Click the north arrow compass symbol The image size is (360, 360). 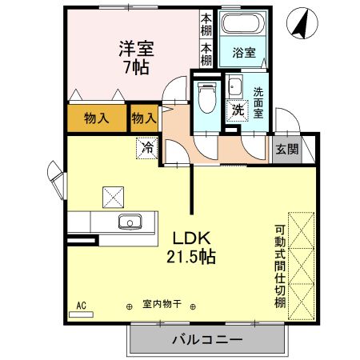[302, 24]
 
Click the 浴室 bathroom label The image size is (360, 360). [244, 54]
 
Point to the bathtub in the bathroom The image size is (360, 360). [244, 25]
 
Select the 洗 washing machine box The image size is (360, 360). [238, 110]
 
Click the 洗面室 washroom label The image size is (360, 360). [259, 102]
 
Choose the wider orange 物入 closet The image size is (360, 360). [97, 118]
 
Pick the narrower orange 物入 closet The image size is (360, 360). [143, 118]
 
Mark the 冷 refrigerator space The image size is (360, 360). [147, 147]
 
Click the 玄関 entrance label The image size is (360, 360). [287, 148]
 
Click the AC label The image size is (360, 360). [81, 305]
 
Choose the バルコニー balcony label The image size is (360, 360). [207, 340]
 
